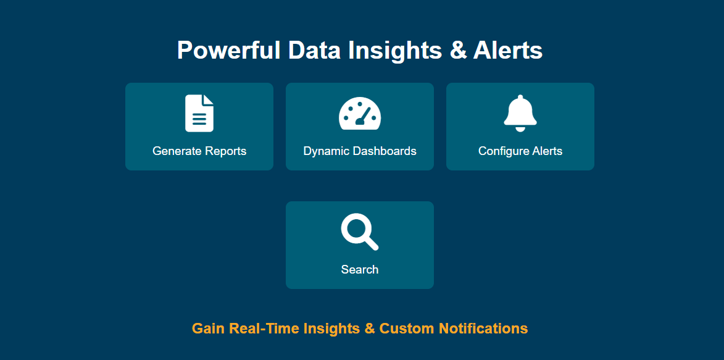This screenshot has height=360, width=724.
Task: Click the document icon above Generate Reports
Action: (199, 113)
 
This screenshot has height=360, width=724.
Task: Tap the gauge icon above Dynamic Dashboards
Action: (360, 113)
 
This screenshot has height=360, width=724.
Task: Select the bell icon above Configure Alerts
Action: (520, 113)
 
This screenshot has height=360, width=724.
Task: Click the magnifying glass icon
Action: (360, 232)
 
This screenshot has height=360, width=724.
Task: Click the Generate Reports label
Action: (199, 151)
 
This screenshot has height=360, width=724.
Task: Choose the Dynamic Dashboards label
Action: (360, 151)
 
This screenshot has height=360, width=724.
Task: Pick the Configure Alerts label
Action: (520, 151)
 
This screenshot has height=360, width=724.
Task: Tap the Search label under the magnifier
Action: (360, 269)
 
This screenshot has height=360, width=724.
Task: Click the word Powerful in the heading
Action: (228, 50)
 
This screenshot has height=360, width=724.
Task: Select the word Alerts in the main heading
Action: (507, 50)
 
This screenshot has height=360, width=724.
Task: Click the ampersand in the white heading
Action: (458, 50)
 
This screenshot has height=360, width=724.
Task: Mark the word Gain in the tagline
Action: (208, 329)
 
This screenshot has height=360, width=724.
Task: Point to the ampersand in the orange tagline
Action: (369, 329)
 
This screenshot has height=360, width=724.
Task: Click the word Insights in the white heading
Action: (395, 50)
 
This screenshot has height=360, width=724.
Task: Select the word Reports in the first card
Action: (226, 151)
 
